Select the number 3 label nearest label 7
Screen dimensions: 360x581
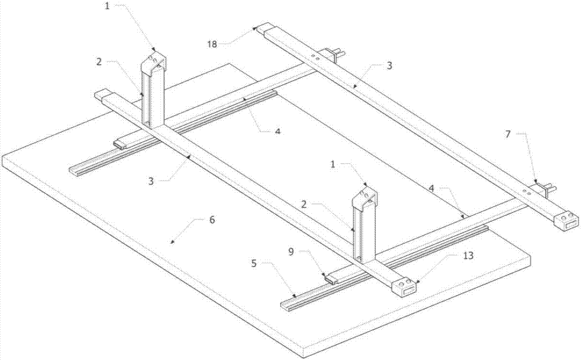pos(390,66)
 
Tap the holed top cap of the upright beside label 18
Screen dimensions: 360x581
pos(153,60)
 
